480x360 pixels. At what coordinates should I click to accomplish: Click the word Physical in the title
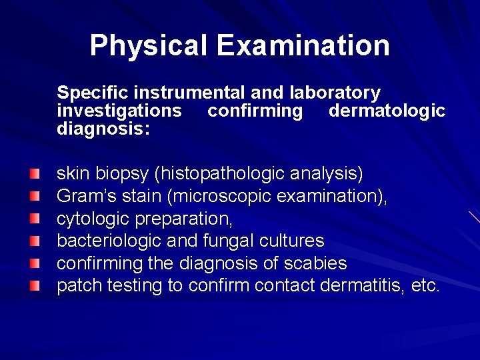pos(148,45)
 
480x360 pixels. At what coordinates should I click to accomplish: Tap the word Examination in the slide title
pos(303,45)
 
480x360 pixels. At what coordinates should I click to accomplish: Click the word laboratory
pos(335,93)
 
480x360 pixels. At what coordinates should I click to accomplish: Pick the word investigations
pos(119,110)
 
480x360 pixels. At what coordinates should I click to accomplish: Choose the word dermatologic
pos(387,110)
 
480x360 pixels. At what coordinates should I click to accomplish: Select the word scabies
pos(318,263)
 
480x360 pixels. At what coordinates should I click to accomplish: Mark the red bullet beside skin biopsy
pos(35,175)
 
